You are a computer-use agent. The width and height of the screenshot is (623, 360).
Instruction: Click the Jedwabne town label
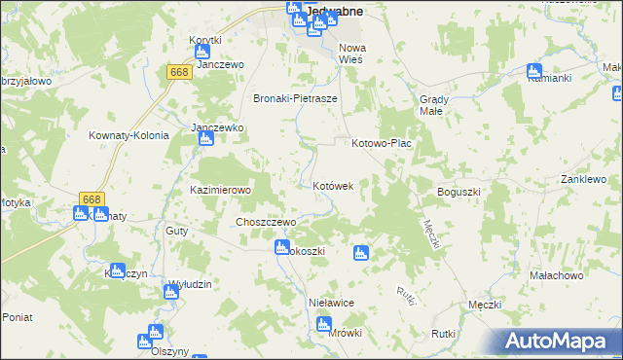tap(334, 11)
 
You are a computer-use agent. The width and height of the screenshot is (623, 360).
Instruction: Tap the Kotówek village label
tap(339, 185)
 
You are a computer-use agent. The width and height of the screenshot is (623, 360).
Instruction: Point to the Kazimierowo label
tap(221, 191)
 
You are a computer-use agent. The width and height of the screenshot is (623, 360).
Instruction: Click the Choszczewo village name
tap(266, 222)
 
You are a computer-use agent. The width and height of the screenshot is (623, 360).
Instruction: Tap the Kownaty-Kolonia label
tap(128, 136)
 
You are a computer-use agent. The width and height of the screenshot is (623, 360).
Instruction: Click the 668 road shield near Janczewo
tap(178, 72)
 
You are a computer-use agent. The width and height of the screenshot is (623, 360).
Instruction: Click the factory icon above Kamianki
tap(533, 71)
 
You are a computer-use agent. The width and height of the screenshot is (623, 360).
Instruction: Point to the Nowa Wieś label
tap(350, 54)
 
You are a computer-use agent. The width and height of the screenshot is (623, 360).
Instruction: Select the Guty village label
tap(176, 231)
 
